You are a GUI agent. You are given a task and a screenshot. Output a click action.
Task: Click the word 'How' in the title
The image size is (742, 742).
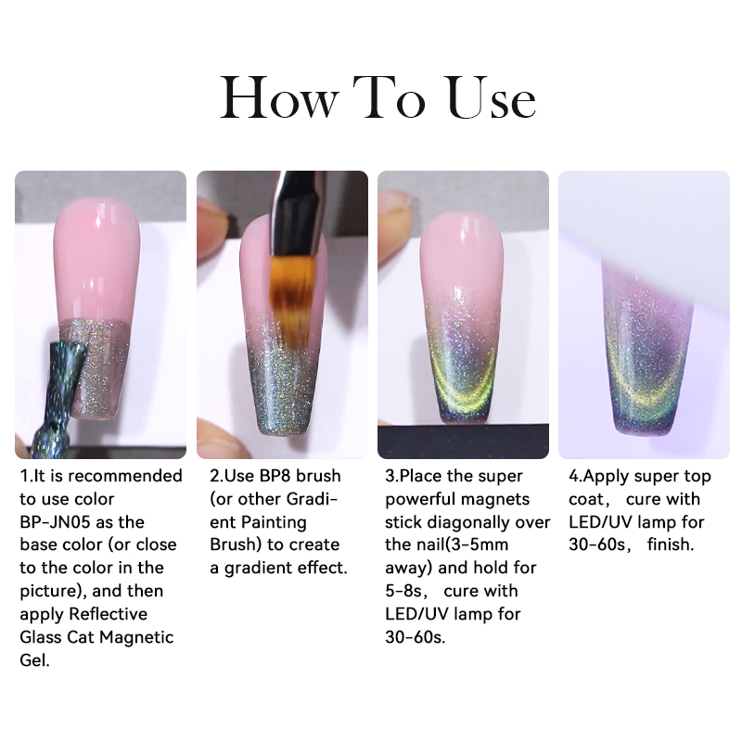280,97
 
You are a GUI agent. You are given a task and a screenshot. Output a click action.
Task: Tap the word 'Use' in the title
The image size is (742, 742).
492,97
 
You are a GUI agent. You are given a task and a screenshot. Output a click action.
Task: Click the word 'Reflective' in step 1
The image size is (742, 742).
109,614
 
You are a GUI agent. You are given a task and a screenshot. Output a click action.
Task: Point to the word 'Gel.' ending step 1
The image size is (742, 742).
34,659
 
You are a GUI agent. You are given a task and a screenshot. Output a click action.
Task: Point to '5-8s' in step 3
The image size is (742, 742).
403,591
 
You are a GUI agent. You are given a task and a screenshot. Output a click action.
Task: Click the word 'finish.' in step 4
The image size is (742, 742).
671,544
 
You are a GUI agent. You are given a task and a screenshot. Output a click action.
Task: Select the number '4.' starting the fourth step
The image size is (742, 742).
575,476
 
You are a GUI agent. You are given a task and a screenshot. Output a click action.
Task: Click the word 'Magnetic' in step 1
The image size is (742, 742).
136,637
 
